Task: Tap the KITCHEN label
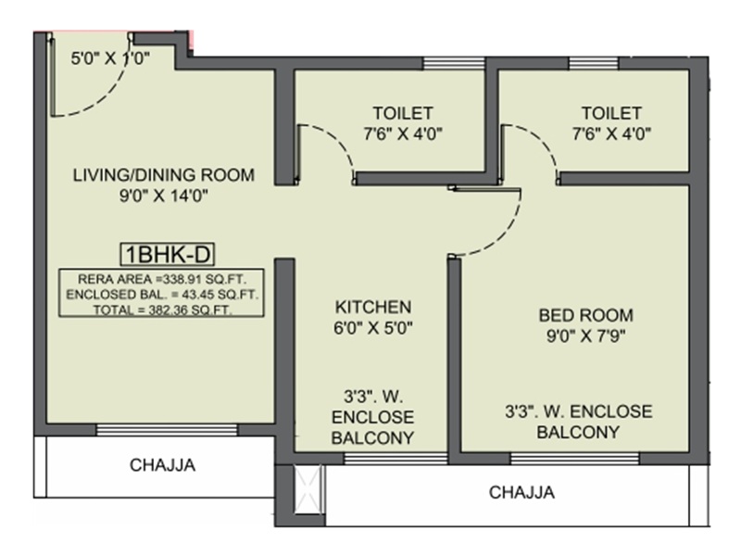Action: coord(372,306)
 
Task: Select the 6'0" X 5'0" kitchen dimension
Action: coord(372,326)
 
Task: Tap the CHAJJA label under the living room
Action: coord(163,465)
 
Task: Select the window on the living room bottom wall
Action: coord(167,428)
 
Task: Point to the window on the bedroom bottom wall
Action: coord(574,457)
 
